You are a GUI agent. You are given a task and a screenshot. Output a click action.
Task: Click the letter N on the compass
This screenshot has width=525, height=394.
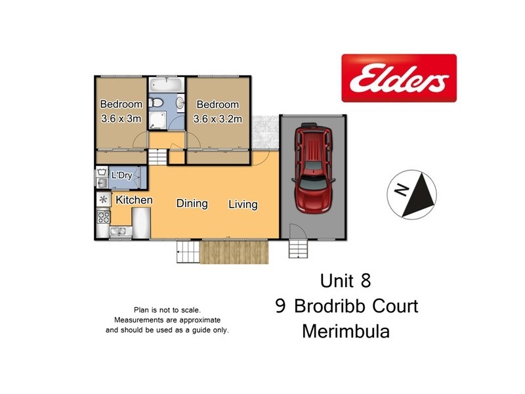pyautogui.click(x=402, y=191)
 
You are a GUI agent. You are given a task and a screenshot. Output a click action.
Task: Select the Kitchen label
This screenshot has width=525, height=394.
pyautogui.click(x=135, y=200)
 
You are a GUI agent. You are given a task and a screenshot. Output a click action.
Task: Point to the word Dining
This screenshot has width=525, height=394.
pyautogui.click(x=192, y=204)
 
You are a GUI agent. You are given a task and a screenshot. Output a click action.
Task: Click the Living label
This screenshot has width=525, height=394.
pyautogui.click(x=243, y=204)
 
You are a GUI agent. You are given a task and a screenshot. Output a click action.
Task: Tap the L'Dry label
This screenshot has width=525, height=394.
pyautogui.click(x=123, y=175)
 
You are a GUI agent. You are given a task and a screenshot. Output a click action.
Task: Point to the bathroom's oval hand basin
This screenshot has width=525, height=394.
pyautogui.click(x=180, y=101)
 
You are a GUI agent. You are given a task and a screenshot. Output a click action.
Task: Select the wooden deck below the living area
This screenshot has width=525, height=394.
pyautogui.click(x=235, y=252)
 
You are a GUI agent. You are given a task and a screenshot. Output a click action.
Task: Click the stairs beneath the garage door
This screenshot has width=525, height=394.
pyautogui.click(x=298, y=249)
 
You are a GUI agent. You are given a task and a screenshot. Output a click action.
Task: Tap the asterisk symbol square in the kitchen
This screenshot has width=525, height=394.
pyautogui.click(x=103, y=199)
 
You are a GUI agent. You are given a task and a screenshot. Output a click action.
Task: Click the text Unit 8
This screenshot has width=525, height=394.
pyautogui.click(x=345, y=281)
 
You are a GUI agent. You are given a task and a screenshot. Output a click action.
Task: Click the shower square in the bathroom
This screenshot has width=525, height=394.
pyautogui.click(x=158, y=120)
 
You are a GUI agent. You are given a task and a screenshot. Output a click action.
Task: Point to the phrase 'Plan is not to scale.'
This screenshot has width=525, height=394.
pyautogui.click(x=167, y=310)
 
